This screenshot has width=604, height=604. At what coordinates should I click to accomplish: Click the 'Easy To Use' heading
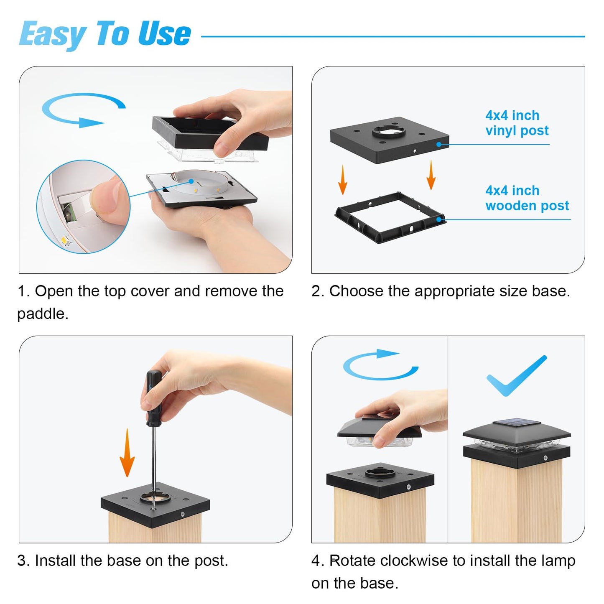[x=105, y=34]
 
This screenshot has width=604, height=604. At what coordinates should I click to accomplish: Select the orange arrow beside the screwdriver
[x=127, y=453]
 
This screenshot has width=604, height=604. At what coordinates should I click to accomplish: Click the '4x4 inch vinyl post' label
[x=517, y=123]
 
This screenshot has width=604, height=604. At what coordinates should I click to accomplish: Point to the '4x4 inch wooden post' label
[x=527, y=198]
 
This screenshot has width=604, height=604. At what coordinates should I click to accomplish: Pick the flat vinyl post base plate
[x=389, y=140]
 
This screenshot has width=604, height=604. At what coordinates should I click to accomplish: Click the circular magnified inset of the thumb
[x=83, y=206]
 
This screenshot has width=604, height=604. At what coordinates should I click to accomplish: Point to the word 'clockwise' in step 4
[x=417, y=561]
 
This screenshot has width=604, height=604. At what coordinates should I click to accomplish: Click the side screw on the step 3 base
[x=182, y=514]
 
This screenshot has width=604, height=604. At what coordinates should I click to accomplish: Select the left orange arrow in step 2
[x=343, y=180]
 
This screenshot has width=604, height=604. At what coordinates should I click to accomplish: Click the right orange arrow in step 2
[x=431, y=175]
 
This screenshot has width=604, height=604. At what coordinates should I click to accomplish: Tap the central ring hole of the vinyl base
[x=389, y=131]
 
